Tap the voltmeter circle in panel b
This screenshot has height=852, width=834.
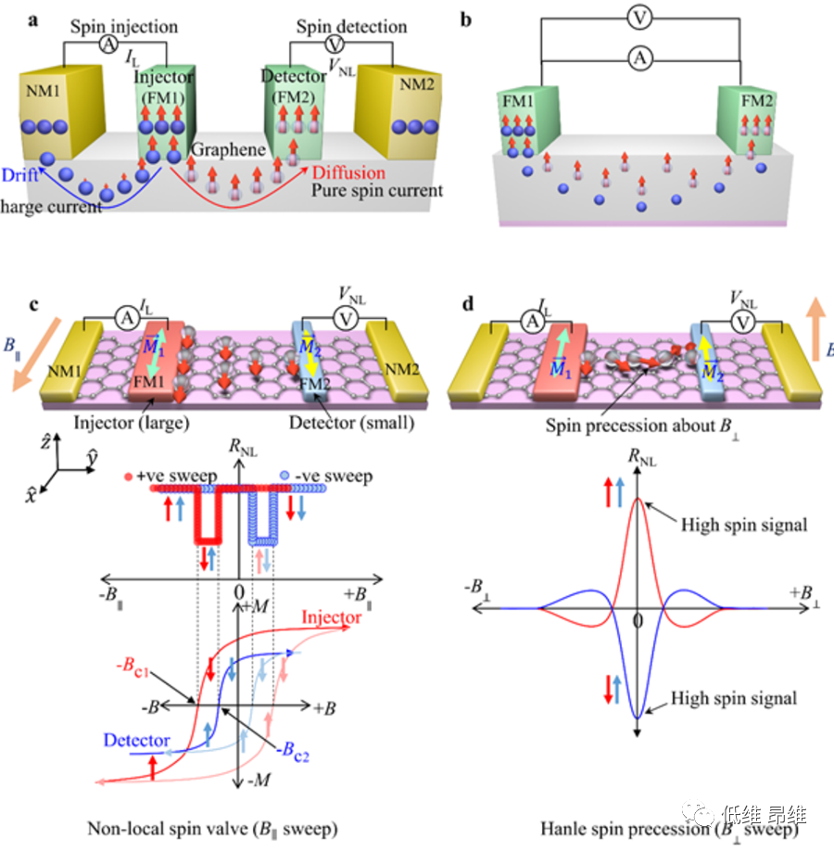tap(637, 18)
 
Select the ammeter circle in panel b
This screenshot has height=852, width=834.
tap(637, 59)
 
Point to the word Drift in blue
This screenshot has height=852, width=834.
tap(20, 174)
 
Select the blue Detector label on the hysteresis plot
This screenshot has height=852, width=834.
tap(136, 741)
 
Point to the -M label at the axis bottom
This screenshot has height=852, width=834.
tap(258, 782)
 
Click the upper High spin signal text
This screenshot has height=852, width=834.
tap(744, 525)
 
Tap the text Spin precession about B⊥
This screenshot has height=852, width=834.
tap(614, 426)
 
